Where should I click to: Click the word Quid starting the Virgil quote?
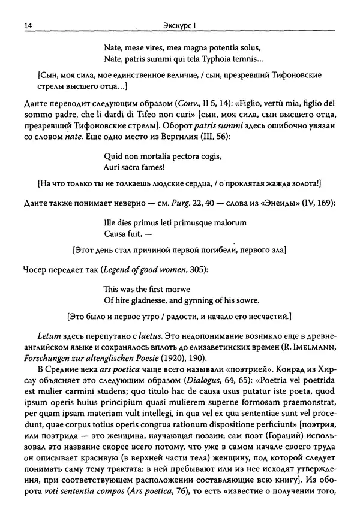tap(113, 157)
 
